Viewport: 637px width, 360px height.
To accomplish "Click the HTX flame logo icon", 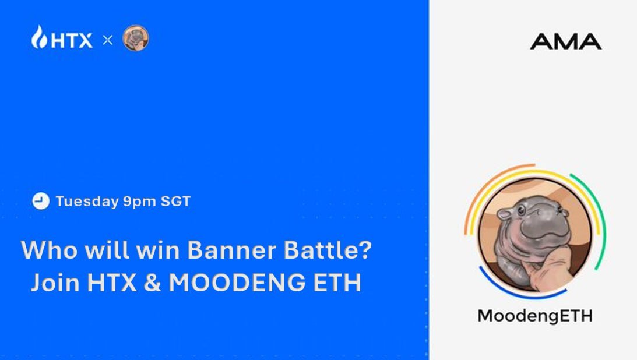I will tap(38, 37).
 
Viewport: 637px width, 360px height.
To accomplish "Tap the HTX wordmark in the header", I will tap(72, 40).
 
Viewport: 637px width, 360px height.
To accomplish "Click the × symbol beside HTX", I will tap(107, 40).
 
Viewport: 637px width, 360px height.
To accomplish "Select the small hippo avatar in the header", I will tap(136, 38).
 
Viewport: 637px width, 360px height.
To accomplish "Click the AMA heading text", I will tap(565, 41).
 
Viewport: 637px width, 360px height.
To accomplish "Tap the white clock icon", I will tap(40, 202).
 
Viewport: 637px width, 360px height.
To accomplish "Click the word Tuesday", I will tap(87, 202).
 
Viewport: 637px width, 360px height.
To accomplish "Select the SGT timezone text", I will tap(174, 202).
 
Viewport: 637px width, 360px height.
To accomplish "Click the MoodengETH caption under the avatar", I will tap(534, 316).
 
